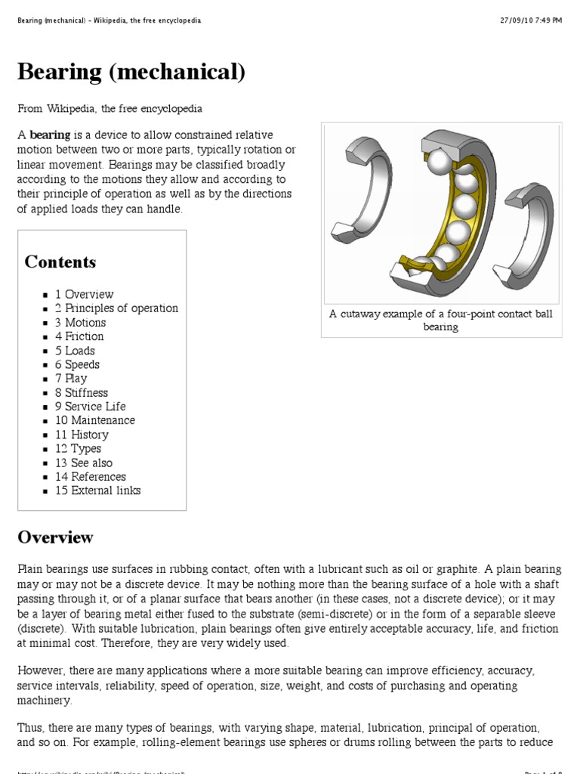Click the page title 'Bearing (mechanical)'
tap(131, 72)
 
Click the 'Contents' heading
tap(60, 262)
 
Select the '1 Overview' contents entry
tap(84, 294)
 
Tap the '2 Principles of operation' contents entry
tap(116, 308)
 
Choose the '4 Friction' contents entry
tap(79, 336)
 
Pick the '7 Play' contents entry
tap(71, 378)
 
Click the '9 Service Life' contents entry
tap(90, 406)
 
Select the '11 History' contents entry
tap(82, 434)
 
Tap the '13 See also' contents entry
tap(83, 462)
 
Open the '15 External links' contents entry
tap(97, 490)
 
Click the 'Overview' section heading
tap(56, 537)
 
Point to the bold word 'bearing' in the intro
tap(50, 135)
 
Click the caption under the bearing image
tap(441, 320)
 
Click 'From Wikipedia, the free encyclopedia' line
tap(110, 109)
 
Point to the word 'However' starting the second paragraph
tap(42, 670)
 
